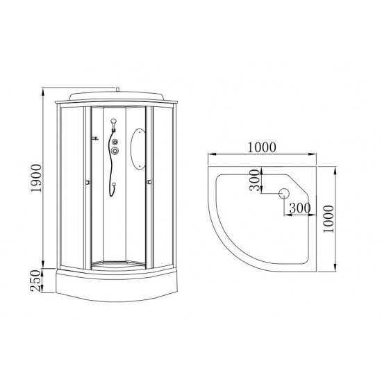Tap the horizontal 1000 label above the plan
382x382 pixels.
(x=261, y=147)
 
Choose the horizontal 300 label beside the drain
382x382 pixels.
(x=299, y=207)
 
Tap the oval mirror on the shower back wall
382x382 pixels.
(x=138, y=149)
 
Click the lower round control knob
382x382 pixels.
(x=115, y=151)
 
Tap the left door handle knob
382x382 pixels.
(x=86, y=183)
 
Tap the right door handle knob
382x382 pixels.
(x=149, y=183)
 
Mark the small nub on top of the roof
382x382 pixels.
(x=118, y=89)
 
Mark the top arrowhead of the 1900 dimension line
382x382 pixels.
(x=43, y=90)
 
